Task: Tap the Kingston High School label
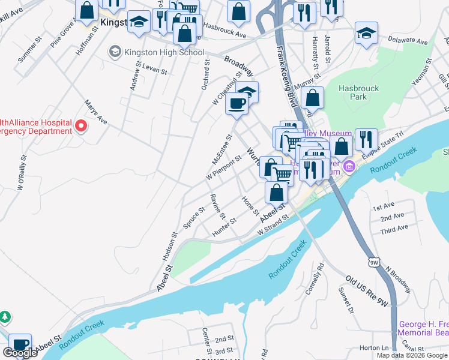[x=164, y=52]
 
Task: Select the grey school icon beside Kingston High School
[x=114, y=52]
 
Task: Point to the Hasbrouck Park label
[x=358, y=92]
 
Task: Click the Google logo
[x=20, y=353]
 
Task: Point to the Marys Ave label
[x=95, y=112]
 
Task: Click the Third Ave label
[x=394, y=228]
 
